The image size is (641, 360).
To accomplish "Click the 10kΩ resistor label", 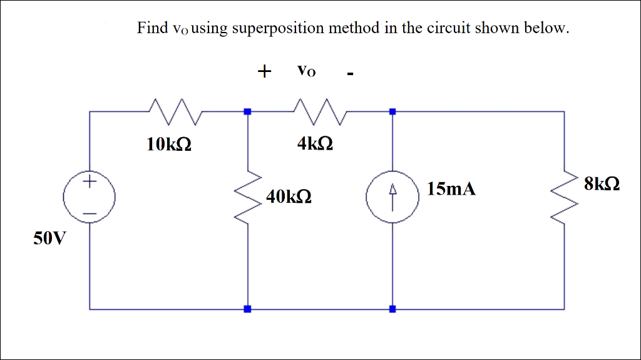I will [169, 145].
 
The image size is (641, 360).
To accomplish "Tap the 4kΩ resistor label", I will [315, 145].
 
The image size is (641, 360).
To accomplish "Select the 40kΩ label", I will [289, 197].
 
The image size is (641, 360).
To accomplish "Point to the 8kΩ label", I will [602, 184].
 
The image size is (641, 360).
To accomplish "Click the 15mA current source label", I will [451, 189].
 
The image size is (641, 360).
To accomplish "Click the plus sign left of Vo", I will [265, 71].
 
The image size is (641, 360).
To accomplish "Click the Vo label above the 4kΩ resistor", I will [306, 71].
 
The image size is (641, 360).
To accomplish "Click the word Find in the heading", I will [153, 28].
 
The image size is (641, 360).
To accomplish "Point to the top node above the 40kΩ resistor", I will [248, 111].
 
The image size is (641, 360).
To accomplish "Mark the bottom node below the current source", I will [392, 309].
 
